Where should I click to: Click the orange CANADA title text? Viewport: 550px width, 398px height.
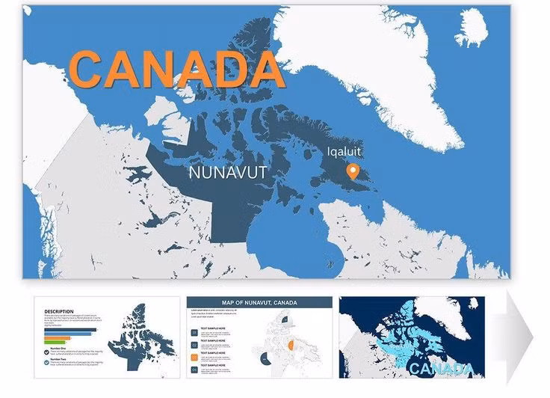[178, 67]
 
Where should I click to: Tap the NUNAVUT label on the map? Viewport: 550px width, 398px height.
[228, 174]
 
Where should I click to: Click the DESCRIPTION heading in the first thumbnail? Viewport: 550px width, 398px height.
[59, 311]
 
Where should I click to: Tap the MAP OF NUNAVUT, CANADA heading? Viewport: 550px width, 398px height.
[259, 302]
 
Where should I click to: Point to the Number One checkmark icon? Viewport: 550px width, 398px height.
[46, 349]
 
